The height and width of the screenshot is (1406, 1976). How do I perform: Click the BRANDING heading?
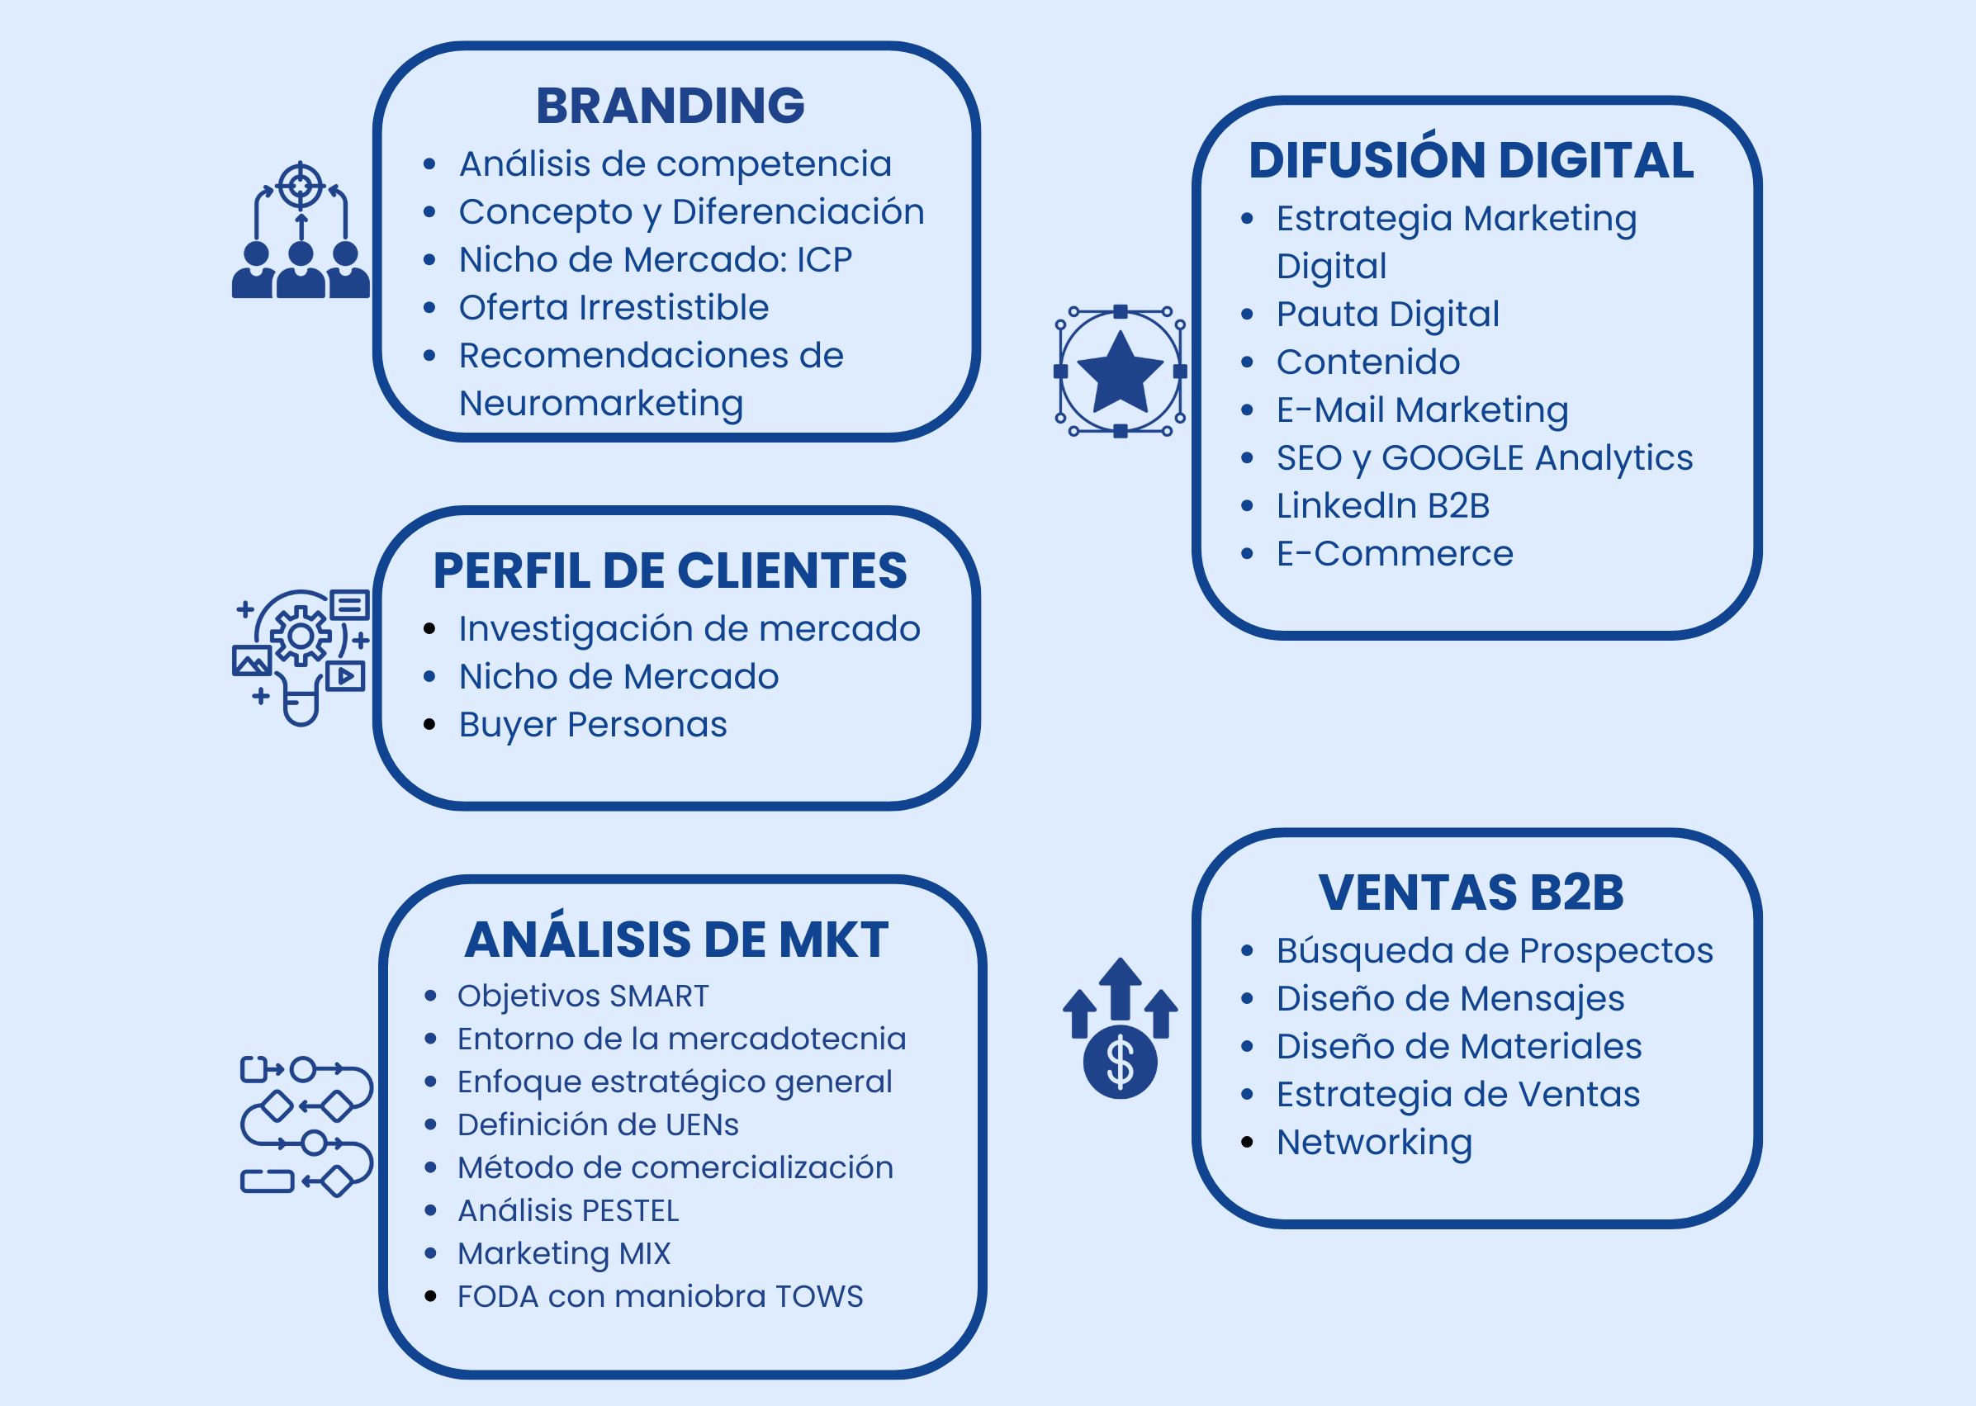671,106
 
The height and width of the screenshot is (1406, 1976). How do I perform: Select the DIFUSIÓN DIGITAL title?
1471,161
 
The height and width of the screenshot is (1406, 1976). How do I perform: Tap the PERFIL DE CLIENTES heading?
671,571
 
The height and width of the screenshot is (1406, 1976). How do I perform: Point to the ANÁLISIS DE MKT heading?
676,940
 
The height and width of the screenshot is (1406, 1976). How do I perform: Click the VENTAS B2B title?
1471,892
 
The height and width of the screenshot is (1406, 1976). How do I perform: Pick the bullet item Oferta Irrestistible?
613,307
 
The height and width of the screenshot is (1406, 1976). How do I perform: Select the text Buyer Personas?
592,725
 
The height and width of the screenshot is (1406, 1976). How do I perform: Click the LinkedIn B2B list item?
1382,505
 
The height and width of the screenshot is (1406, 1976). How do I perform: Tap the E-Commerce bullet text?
1394,553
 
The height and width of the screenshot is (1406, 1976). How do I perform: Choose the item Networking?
1374,1142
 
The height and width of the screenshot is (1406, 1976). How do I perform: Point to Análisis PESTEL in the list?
568,1210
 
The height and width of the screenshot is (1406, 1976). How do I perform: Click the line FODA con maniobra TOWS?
660,1296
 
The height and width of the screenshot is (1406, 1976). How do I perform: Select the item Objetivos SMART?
583,996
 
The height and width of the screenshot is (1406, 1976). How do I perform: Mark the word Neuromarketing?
601,404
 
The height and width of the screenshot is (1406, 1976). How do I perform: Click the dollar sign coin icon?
1120,1063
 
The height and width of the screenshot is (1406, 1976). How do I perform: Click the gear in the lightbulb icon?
301,637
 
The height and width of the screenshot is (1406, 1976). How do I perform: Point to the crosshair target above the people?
300,185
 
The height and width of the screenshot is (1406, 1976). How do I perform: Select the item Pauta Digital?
1387,315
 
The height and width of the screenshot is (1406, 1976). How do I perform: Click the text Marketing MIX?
564,1252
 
